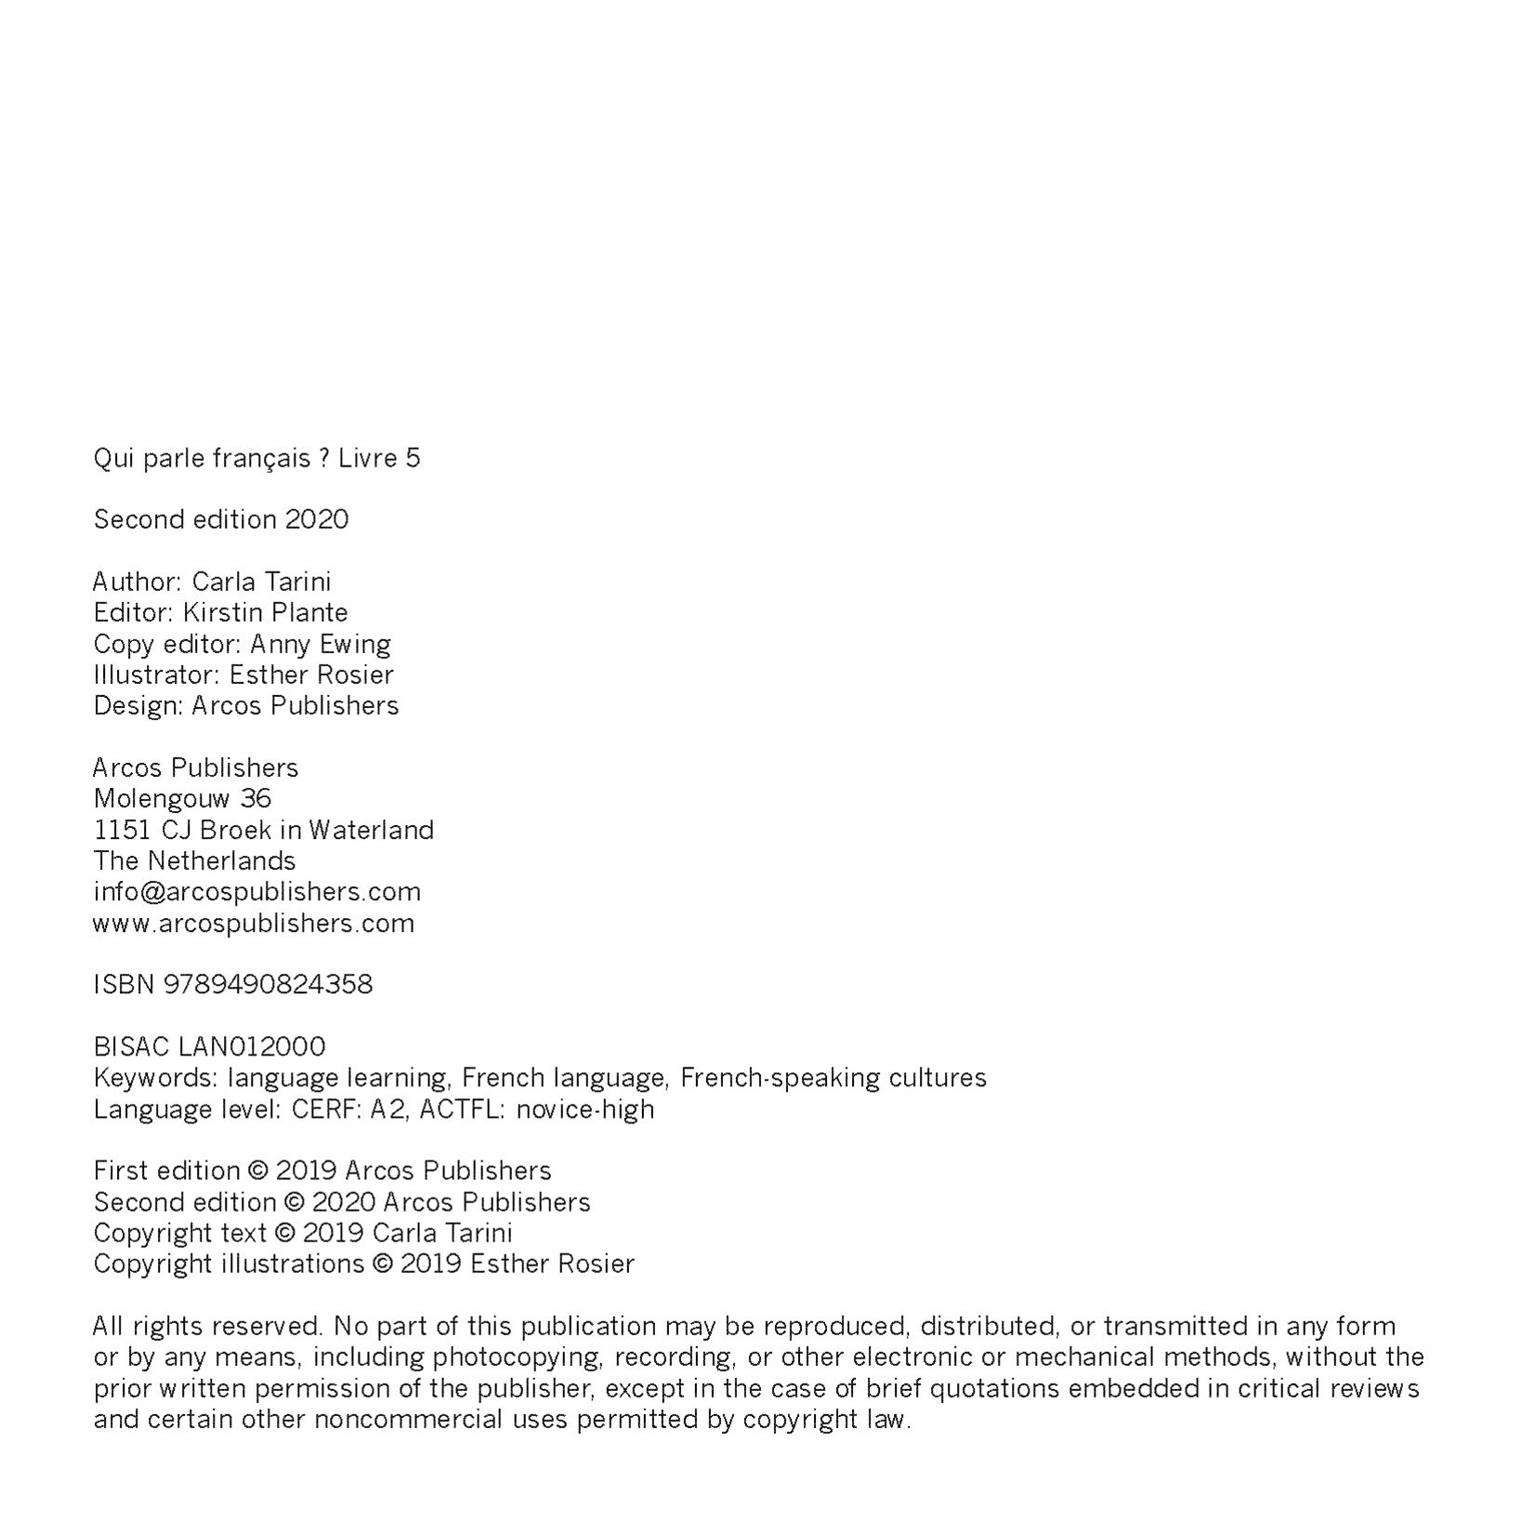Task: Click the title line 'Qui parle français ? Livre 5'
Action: click(256, 458)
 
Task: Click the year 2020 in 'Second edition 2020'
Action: click(317, 519)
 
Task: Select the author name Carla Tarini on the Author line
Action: click(261, 582)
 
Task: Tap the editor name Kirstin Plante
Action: click(265, 612)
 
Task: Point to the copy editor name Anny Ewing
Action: click(320, 644)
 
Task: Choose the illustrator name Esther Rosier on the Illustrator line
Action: click(311, 675)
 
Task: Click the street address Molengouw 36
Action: click(182, 798)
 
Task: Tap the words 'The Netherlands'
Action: click(194, 860)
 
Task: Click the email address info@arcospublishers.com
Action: click(256, 892)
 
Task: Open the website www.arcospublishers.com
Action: click(254, 924)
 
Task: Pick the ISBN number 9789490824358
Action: click(268, 984)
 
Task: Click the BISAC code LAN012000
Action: click(251, 1047)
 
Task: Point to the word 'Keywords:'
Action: click(154, 1078)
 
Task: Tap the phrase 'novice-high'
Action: click(584, 1109)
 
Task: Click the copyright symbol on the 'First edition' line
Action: click(258, 1171)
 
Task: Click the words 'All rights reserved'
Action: click(207, 1326)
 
